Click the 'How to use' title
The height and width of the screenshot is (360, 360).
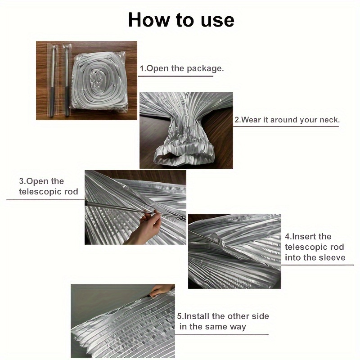click(x=181, y=20)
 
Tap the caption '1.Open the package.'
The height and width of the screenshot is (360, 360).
click(x=182, y=68)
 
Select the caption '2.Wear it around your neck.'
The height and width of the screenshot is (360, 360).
click(x=287, y=120)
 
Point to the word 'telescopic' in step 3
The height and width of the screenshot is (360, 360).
click(x=40, y=192)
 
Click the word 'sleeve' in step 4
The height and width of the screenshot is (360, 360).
click(x=333, y=257)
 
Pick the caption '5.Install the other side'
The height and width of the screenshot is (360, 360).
click(x=223, y=316)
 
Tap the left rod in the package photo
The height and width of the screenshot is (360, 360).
click(x=53, y=81)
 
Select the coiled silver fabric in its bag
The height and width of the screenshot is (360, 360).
click(x=99, y=81)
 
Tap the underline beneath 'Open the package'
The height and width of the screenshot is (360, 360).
click(x=175, y=76)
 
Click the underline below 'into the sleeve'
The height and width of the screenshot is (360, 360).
click(x=318, y=265)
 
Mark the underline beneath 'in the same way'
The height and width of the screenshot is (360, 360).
click(x=222, y=335)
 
